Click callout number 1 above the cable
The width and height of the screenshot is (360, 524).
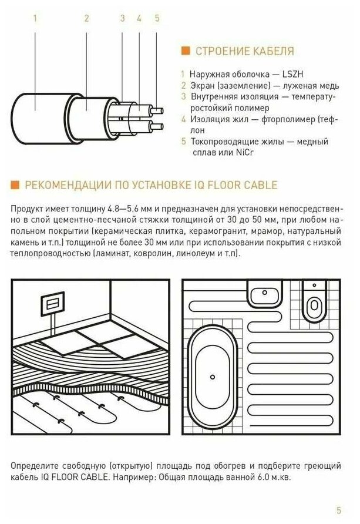point(35,18)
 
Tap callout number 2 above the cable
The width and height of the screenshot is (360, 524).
point(86,18)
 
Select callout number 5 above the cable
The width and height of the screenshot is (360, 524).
point(157,18)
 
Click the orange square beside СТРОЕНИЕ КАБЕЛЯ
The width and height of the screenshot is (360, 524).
point(186,51)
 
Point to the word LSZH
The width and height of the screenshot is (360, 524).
point(292,74)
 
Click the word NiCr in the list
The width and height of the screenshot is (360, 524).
point(245,152)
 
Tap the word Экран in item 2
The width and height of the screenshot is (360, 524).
point(203,86)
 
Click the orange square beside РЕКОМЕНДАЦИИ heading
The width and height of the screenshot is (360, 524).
point(15,185)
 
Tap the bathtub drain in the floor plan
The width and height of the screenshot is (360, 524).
point(213,377)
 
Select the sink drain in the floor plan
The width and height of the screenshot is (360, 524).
point(265,293)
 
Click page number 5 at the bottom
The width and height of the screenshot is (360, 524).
point(339,510)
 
